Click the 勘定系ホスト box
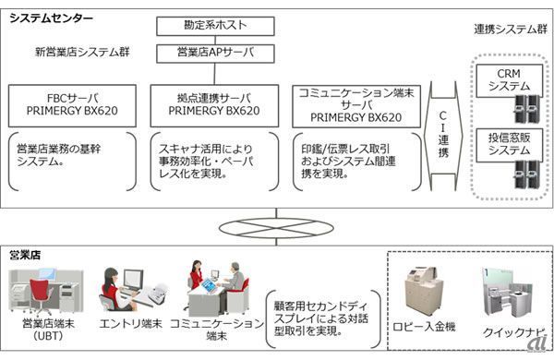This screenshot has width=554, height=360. click(215, 26)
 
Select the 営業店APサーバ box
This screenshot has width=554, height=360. click(215, 54)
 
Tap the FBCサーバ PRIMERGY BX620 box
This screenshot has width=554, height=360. click(72, 105)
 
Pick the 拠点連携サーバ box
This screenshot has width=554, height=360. click(214, 105)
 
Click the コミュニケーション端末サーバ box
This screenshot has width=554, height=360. click(356, 106)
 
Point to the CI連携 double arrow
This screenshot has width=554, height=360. click(443, 136)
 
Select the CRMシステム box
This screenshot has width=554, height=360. click(509, 80)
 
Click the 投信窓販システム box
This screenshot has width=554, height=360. click(509, 145)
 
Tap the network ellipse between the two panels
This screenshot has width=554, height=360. click(276, 228)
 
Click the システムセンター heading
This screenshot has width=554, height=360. click(51, 18)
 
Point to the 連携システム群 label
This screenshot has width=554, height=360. click(511, 30)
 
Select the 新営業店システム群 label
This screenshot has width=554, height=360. click(82, 53)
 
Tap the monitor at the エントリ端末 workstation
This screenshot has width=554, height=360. click(133, 280)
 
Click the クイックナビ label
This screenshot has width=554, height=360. click(514, 332)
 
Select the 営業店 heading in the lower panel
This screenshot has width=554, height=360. click(25, 255)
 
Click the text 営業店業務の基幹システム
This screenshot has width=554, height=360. click(59, 155)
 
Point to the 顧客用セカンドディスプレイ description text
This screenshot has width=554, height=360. click(321, 318)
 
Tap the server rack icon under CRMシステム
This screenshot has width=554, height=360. click(527, 108)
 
